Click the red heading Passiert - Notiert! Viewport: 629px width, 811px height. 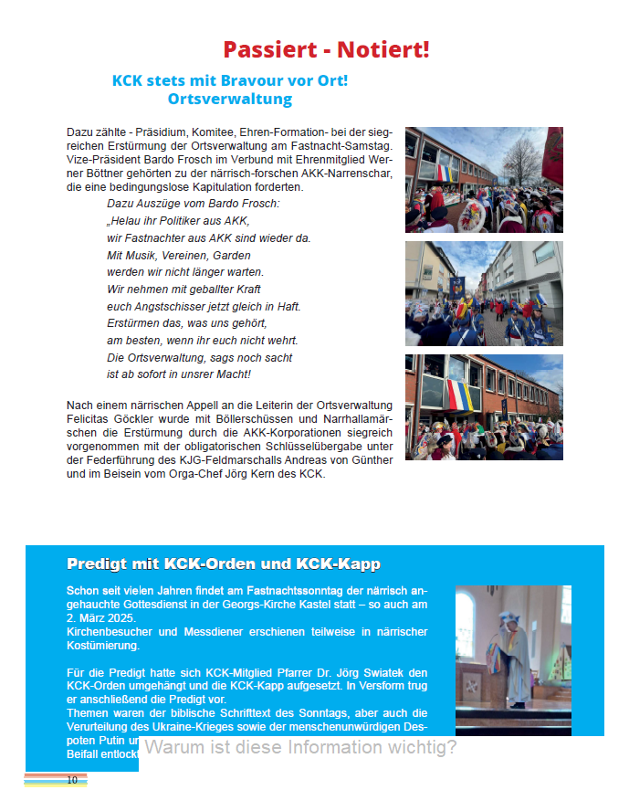pyautogui.click(x=326, y=50)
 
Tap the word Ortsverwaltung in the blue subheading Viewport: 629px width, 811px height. pyautogui.click(x=230, y=99)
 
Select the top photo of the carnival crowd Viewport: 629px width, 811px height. pyautogui.click(x=484, y=180)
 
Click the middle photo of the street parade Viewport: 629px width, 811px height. pyautogui.click(x=484, y=293)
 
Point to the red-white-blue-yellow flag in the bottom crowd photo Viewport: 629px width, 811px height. pyautogui.click(x=466, y=396)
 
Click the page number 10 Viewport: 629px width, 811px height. pyautogui.click(x=72, y=780)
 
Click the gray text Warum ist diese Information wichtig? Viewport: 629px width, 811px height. pyautogui.click(x=300, y=748)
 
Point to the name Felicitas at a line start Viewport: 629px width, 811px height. pyautogui.click(x=89, y=417)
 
